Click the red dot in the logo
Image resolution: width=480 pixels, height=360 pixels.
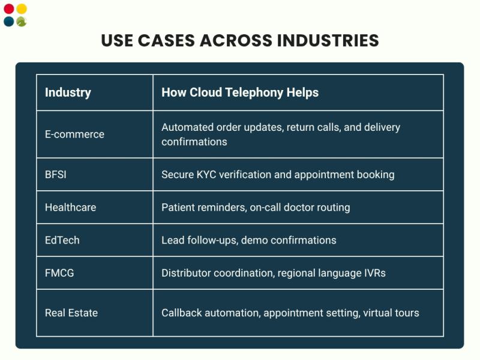coord(8,9)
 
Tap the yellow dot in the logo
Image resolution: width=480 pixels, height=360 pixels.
coord(22,9)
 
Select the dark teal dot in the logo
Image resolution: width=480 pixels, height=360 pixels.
coord(8,22)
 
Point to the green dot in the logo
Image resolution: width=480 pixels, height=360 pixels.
coord(22,22)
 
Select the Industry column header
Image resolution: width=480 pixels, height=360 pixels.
coord(68,92)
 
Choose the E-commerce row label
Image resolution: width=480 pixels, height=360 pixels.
coord(74,134)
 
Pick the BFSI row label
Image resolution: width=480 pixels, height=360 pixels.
coord(58,175)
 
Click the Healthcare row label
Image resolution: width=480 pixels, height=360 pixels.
coord(70,208)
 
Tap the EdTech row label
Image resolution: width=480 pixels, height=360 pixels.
coord(62,241)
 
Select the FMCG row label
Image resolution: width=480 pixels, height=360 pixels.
coord(59,273)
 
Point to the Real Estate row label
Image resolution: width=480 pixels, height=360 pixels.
coord(71,313)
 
